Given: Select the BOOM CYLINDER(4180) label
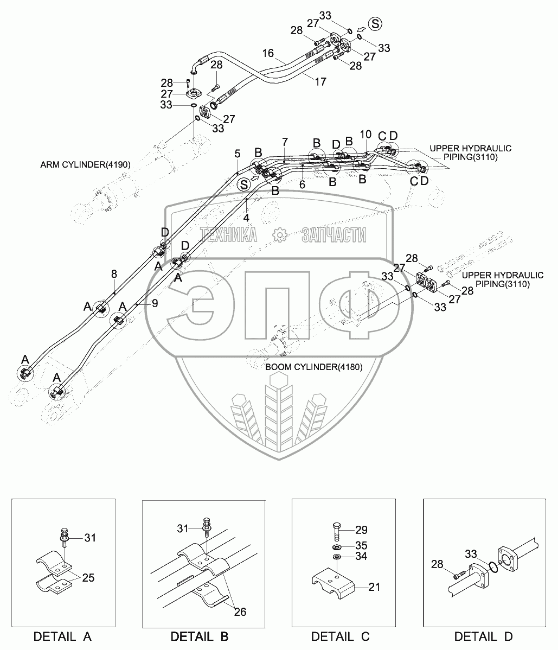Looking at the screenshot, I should point(314,367).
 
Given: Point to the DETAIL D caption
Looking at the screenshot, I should point(484,636).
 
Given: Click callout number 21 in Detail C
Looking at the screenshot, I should point(374,587).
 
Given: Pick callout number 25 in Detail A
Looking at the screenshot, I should point(88,578).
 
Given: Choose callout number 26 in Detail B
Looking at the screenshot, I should point(239,611).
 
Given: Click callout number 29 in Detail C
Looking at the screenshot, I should point(361,529).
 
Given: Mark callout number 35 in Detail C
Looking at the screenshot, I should point(361,545).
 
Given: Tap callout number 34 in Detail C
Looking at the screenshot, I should point(361,557).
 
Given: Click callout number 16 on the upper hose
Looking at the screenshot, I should point(268,53).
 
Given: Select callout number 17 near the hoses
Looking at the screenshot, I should point(320,81).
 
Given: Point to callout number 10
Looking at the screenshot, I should point(365,133).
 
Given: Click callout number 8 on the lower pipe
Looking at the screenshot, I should point(114,274).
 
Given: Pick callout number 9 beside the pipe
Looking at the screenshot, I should point(155,304).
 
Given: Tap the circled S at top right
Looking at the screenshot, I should point(375,24).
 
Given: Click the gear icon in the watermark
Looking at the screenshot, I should point(279,234).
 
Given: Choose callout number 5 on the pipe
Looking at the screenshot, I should point(237,153).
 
